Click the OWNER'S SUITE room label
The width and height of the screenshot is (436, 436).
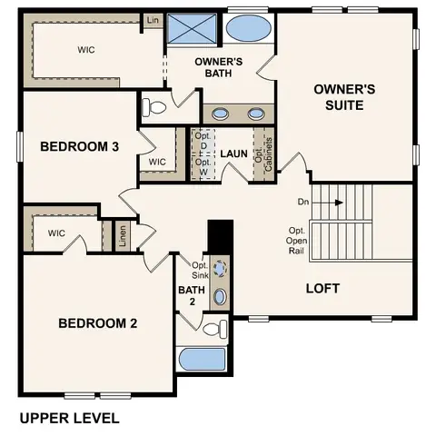339,97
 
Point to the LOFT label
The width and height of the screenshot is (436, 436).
322,288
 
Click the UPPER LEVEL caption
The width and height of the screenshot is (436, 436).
69,419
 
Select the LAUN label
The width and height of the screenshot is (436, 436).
234,154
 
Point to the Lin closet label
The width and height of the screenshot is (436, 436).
152,20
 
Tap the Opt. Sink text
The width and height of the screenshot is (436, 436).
201,270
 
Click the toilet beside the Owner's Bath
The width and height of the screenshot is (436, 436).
155,107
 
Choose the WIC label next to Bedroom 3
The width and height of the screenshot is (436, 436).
157,162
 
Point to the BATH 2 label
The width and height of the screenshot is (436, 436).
187,296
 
